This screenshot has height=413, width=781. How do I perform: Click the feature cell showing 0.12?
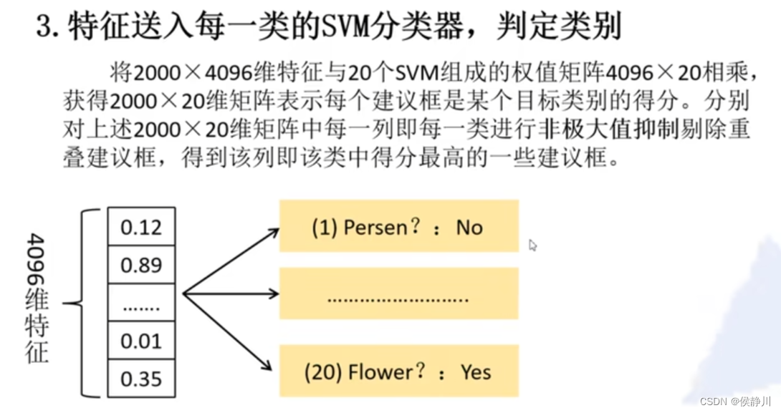tap(141, 228)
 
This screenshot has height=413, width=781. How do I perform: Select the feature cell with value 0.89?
tap(141, 266)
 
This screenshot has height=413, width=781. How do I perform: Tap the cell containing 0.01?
tap(141, 341)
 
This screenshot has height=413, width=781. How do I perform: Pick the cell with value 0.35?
tap(141, 379)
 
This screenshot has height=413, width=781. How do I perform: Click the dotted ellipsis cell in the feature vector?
tap(141, 303)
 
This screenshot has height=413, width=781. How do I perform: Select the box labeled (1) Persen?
tap(398, 227)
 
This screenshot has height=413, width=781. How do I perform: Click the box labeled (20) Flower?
tap(398, 371)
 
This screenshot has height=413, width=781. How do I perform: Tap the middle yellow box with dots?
tap(398, 293)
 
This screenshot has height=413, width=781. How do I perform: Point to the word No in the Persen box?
tap(469, 228)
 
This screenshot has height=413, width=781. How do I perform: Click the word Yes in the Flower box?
tap(476, 372)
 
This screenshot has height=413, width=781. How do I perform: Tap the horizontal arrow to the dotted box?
tap(231, 293)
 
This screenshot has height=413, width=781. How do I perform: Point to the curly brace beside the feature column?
tap(84, 303)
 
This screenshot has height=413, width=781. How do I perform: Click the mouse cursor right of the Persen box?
tap(532, 246)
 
